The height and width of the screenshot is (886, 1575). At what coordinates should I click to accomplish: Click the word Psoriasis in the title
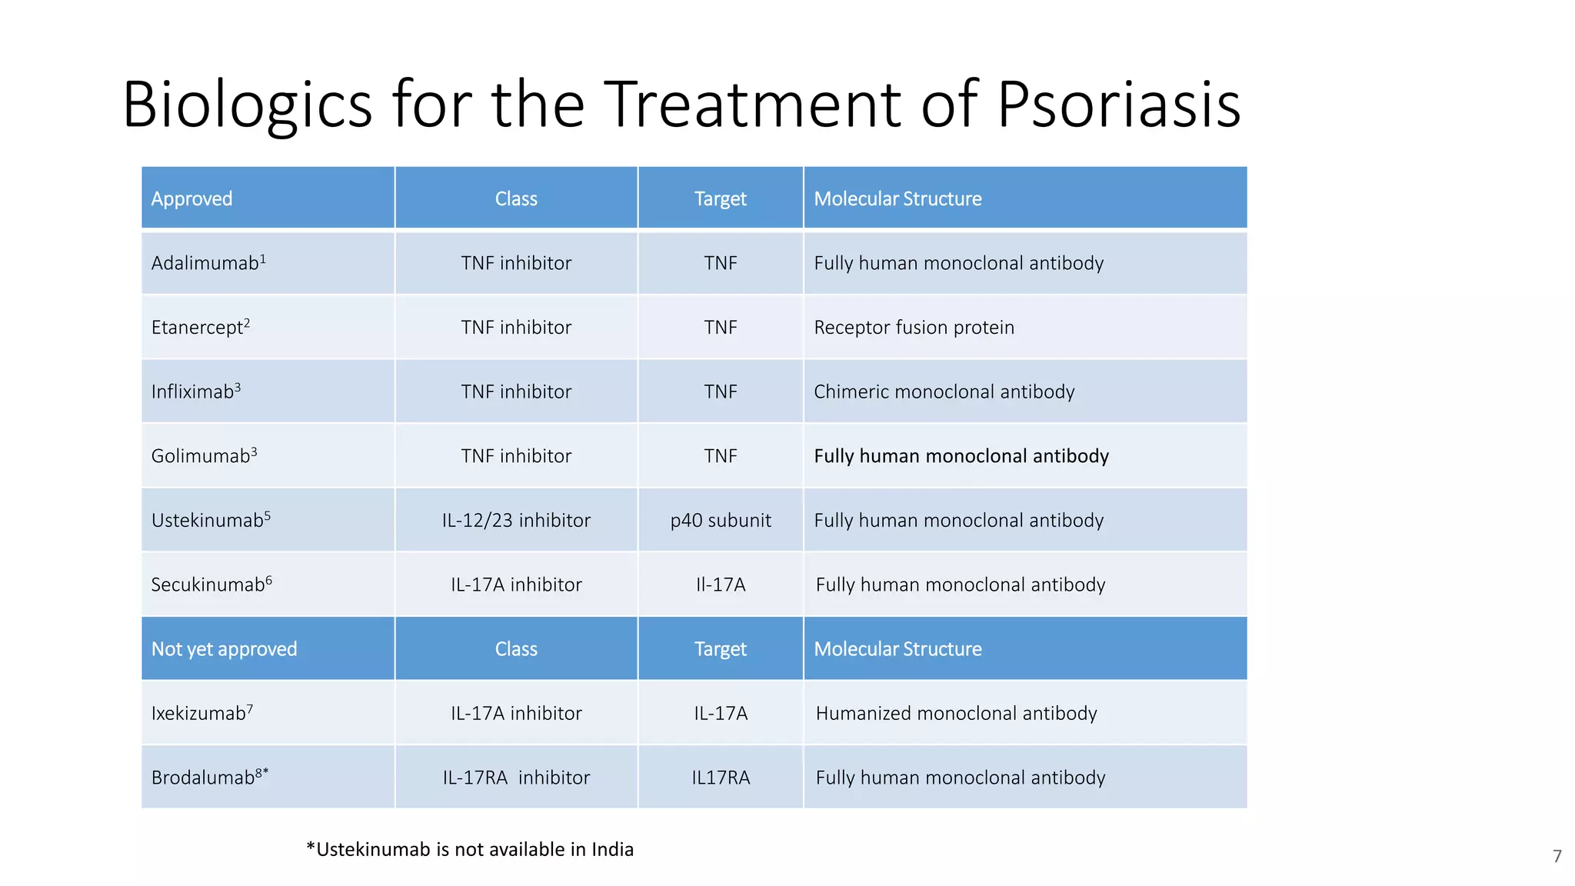click(x=1118, y=105)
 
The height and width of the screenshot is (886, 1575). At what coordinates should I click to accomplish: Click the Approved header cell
click(x=191, y=198)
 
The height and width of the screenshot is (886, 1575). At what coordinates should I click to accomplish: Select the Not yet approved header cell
click(x=224, y=648)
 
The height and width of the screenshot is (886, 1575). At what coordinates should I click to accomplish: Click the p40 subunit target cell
click(x=720, y=520)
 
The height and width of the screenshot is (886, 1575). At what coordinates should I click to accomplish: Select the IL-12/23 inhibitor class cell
click(x=516, y=520)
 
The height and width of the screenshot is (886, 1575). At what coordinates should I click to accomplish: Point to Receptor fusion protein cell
click(x=914, y=327)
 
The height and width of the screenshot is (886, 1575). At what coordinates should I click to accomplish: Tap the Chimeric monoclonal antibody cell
click(x=944, y=391)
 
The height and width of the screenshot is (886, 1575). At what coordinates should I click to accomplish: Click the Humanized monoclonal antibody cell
click(x=956, y=713)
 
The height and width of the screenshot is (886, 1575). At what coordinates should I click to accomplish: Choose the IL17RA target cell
click(x=720, y=777)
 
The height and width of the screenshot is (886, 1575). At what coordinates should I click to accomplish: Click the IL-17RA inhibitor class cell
click(x=516, y=777)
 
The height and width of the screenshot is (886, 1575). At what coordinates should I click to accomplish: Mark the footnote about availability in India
click(x=470, y=849)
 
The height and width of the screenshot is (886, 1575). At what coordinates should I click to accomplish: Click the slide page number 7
click(x=1557, y=856)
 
